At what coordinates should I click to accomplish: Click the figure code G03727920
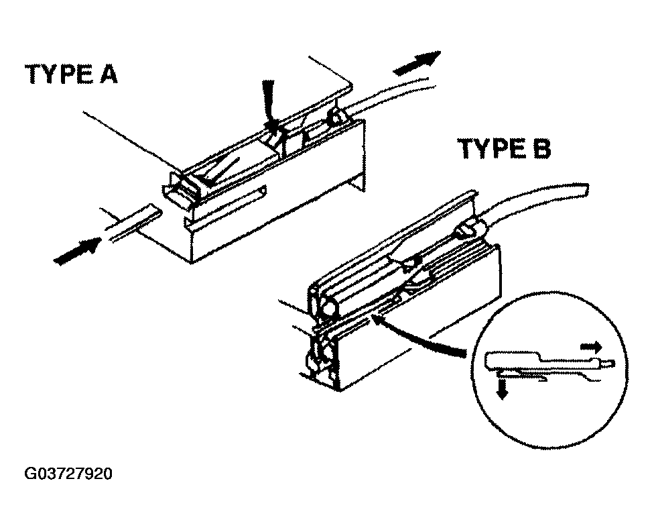click(x=68, y=474)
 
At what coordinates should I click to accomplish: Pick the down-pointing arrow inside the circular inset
click(x=501, y=389)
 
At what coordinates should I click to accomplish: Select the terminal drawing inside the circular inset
click(x=543, y=366)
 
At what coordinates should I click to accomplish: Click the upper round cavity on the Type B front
click(x=328, y=309)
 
